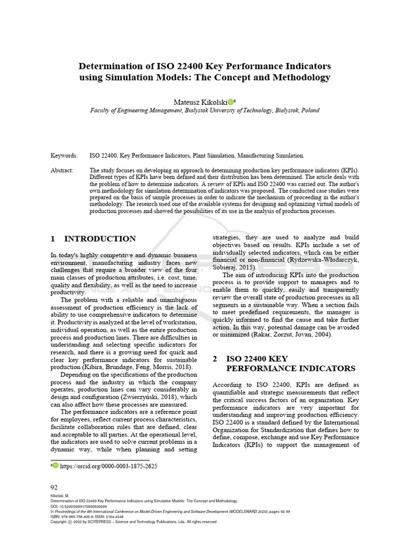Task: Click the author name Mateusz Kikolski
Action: pyautogui.click(x=200, y=101)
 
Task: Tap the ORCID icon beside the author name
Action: pyautogui.click(x=230, y=101)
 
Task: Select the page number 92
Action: pyautogui.click(x=54, y=487)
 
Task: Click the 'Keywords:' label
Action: pyautogui.click(x=64, y=156)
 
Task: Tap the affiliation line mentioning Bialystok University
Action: pyautogui.click(x=205, y=111)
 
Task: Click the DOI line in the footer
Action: pyautogui.click(x=78, y=506)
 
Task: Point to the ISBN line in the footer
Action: pyautogui.click(x=86, y=517)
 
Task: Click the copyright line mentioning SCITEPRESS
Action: pyautogui.click(x=133, y=522)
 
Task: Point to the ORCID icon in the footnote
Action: pyautogui.click(x=56, y=466)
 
